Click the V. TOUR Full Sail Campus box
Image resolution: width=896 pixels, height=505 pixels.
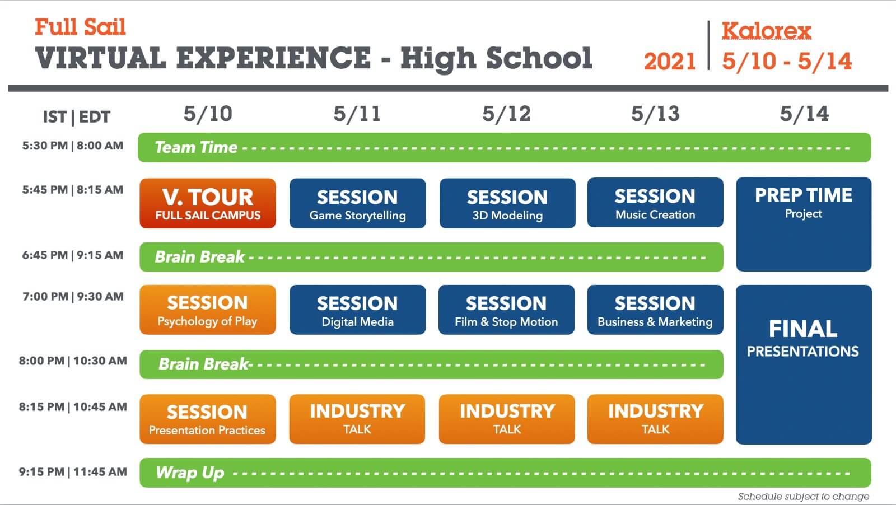click(208, 203)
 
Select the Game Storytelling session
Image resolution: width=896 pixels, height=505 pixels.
click(358, 203)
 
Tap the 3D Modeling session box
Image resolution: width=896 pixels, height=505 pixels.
click(507, 203)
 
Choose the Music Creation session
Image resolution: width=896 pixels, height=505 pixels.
click(655, 202)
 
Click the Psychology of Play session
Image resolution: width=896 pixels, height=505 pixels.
click(208, 310)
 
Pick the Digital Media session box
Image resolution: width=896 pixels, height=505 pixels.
click(358, 310)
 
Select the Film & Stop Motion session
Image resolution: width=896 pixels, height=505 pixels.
click(506, 310)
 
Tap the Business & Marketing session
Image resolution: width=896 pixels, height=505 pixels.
click(655, 310)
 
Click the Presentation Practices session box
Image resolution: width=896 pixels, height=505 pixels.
click(208, 419)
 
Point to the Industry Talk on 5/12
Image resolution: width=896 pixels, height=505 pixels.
click(507, 419)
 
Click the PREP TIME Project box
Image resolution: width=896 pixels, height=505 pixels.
click(804, 225)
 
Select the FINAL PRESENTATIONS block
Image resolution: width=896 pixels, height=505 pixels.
click(804, 364)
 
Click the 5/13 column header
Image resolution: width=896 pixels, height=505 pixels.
click(655, 114)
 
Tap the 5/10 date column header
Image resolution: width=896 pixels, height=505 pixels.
click(208, 114)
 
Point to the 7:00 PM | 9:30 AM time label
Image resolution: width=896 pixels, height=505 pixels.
click(73, 297)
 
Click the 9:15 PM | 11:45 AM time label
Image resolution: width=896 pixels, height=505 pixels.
click(73, 472)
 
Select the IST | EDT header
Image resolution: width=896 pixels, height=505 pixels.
click(76, 117)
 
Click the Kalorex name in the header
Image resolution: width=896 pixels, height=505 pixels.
click(767, 31)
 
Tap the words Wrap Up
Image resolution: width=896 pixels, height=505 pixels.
click(190, 473)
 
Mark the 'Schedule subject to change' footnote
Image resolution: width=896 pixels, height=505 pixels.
click(804, 496)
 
